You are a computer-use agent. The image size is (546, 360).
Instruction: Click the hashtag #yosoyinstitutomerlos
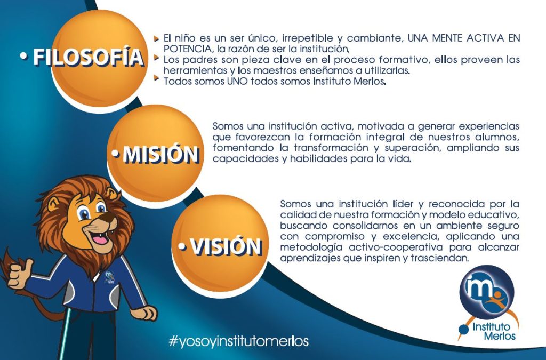[238, 341]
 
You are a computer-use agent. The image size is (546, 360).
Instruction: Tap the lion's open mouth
[100, 237]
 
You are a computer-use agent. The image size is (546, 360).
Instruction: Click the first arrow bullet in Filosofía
[157, 38]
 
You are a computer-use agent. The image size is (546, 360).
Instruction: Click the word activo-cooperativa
[396, 247]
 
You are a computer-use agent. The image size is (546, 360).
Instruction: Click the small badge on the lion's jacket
[109, 277]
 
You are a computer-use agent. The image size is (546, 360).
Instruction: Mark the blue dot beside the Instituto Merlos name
[463, 330]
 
